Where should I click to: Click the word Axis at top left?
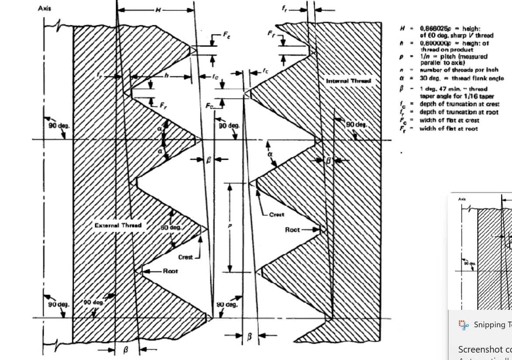pyautogui.click(x=45, y=9)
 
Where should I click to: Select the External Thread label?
pyautogui.click(x=118, y=226)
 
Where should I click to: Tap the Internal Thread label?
pyautogui.click(x=348, y=81)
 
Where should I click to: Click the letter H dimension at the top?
pyautogui.click(x=158, y=10)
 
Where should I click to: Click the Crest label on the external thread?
pyautogui.click(x=186, y=257)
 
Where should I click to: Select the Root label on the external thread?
pyautogui.click(x=170, y=271)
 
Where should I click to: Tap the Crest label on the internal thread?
pyautogui.click(x=276, y=214)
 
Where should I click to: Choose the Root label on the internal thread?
pyautogui.click(x=292, y=230)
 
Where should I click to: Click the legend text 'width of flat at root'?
pyautogui.click(x=449, y=129)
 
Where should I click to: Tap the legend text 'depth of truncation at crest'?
pyautogui.click(x=459, y=104)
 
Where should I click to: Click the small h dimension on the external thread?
pyautogui.click(x=166, y=75)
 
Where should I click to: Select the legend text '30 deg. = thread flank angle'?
pyautogui.click(x=461, y=79)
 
